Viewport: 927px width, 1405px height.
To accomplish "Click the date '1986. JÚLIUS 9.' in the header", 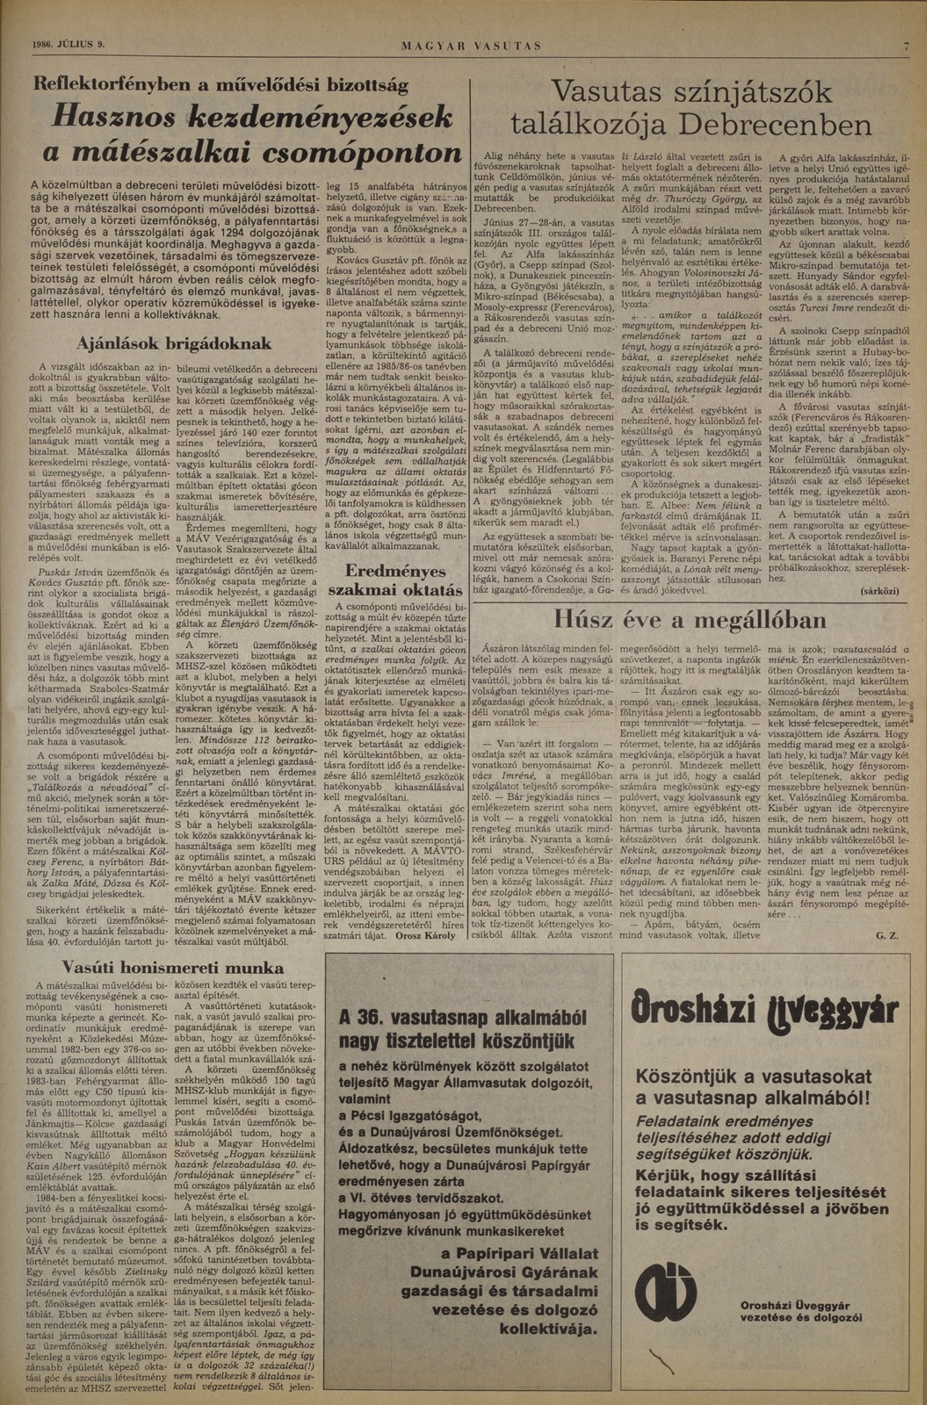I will [68, 45].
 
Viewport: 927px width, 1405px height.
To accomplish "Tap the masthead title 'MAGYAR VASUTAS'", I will [472, 46].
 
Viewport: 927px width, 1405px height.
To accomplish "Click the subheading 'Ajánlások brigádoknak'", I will [174, 344].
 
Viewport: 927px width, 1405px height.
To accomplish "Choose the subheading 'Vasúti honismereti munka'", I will [174, 967].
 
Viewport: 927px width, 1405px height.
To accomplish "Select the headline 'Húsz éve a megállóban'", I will [690, 619].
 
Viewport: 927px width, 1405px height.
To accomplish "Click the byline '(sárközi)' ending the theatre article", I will [879, 591].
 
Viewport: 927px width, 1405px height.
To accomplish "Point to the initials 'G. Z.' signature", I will [886, 936].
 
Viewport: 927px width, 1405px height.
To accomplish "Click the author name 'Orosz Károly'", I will [425, 935].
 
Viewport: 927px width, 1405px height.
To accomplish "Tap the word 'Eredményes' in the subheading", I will [395, 570].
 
